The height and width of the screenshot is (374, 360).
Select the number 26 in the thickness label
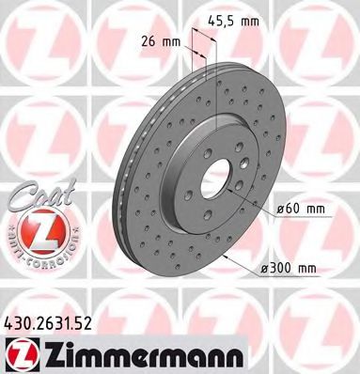coord(157,42)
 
